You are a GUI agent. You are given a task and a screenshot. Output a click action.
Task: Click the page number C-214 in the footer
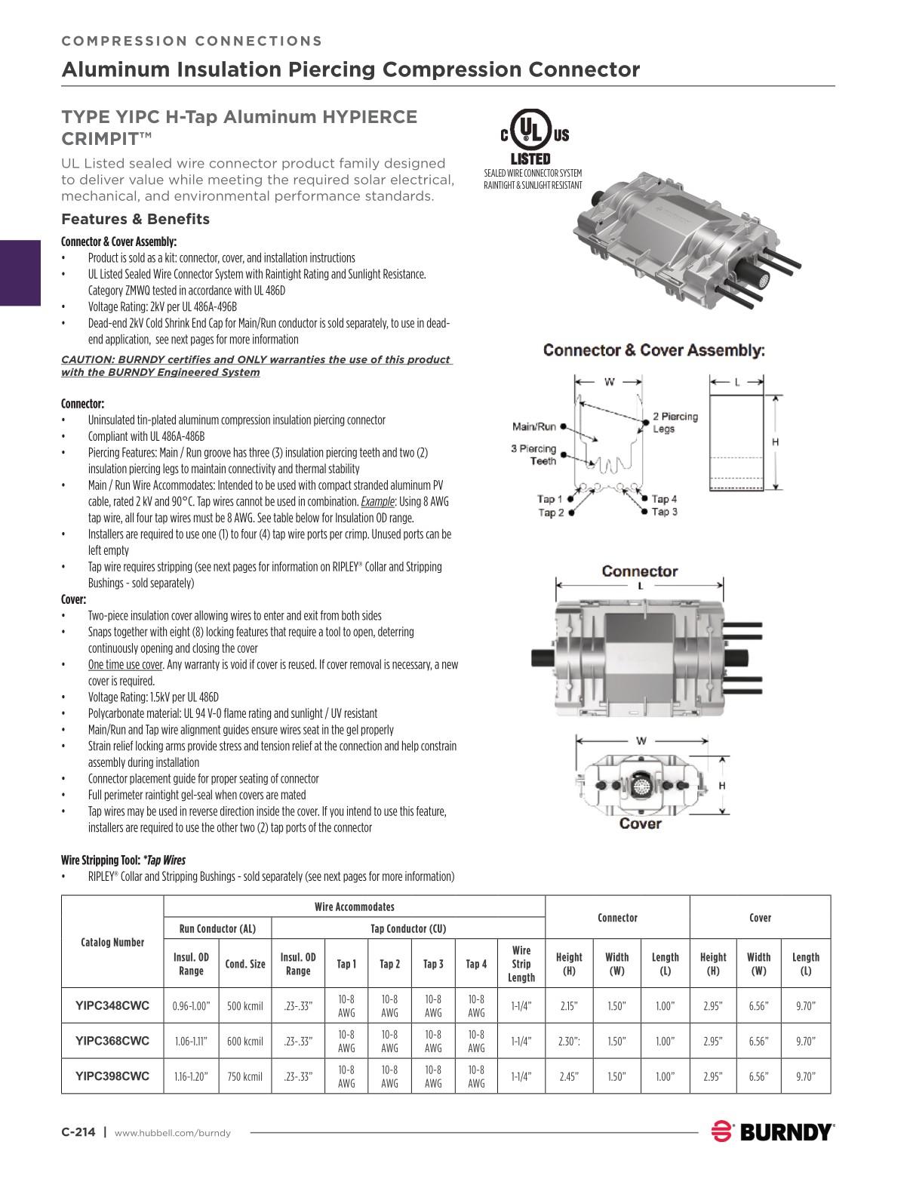[78, 1131]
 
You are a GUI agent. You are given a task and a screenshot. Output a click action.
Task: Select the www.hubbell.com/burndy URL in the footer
[172, 1132]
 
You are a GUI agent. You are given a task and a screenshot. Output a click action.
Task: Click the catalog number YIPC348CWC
[112, 1005]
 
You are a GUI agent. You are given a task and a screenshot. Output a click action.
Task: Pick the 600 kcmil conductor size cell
[245, 1041]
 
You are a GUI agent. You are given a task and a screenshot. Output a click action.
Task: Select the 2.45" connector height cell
[568, 1076]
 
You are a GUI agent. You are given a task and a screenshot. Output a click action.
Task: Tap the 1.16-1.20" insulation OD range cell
[191, 1076]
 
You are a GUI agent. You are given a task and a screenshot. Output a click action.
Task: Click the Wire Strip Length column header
[521, 964]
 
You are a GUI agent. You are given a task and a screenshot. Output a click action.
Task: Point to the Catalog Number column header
[112, 942]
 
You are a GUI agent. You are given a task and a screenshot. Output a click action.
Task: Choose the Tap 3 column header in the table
[433, 964]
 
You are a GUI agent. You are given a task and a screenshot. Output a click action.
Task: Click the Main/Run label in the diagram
[534, 426]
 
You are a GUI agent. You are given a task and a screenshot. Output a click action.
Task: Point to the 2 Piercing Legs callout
[675, 423]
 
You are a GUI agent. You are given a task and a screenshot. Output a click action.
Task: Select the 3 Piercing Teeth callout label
[533, 454]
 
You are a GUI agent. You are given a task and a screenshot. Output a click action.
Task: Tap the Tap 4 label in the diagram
[664, 499]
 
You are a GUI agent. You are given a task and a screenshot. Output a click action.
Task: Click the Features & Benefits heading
[135, 219]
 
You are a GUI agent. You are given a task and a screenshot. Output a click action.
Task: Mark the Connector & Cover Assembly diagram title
[653, 350]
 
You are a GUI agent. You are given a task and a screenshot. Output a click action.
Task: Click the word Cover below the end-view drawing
[640, 823]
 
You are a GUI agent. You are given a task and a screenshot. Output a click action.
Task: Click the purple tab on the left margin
[20, 272]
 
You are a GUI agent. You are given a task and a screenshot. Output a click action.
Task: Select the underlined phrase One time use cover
[125, 665]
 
